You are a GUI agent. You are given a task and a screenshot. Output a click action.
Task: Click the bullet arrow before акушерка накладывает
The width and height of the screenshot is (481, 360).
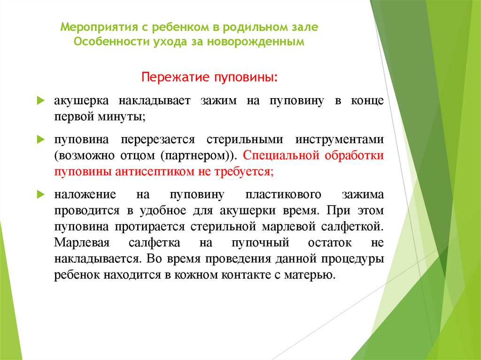click(41, 101)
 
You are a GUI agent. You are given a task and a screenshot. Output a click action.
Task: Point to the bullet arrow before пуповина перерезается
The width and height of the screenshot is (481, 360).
click(41, 140)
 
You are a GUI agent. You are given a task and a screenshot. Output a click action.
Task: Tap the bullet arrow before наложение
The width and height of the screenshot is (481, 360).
click(41, 194)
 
